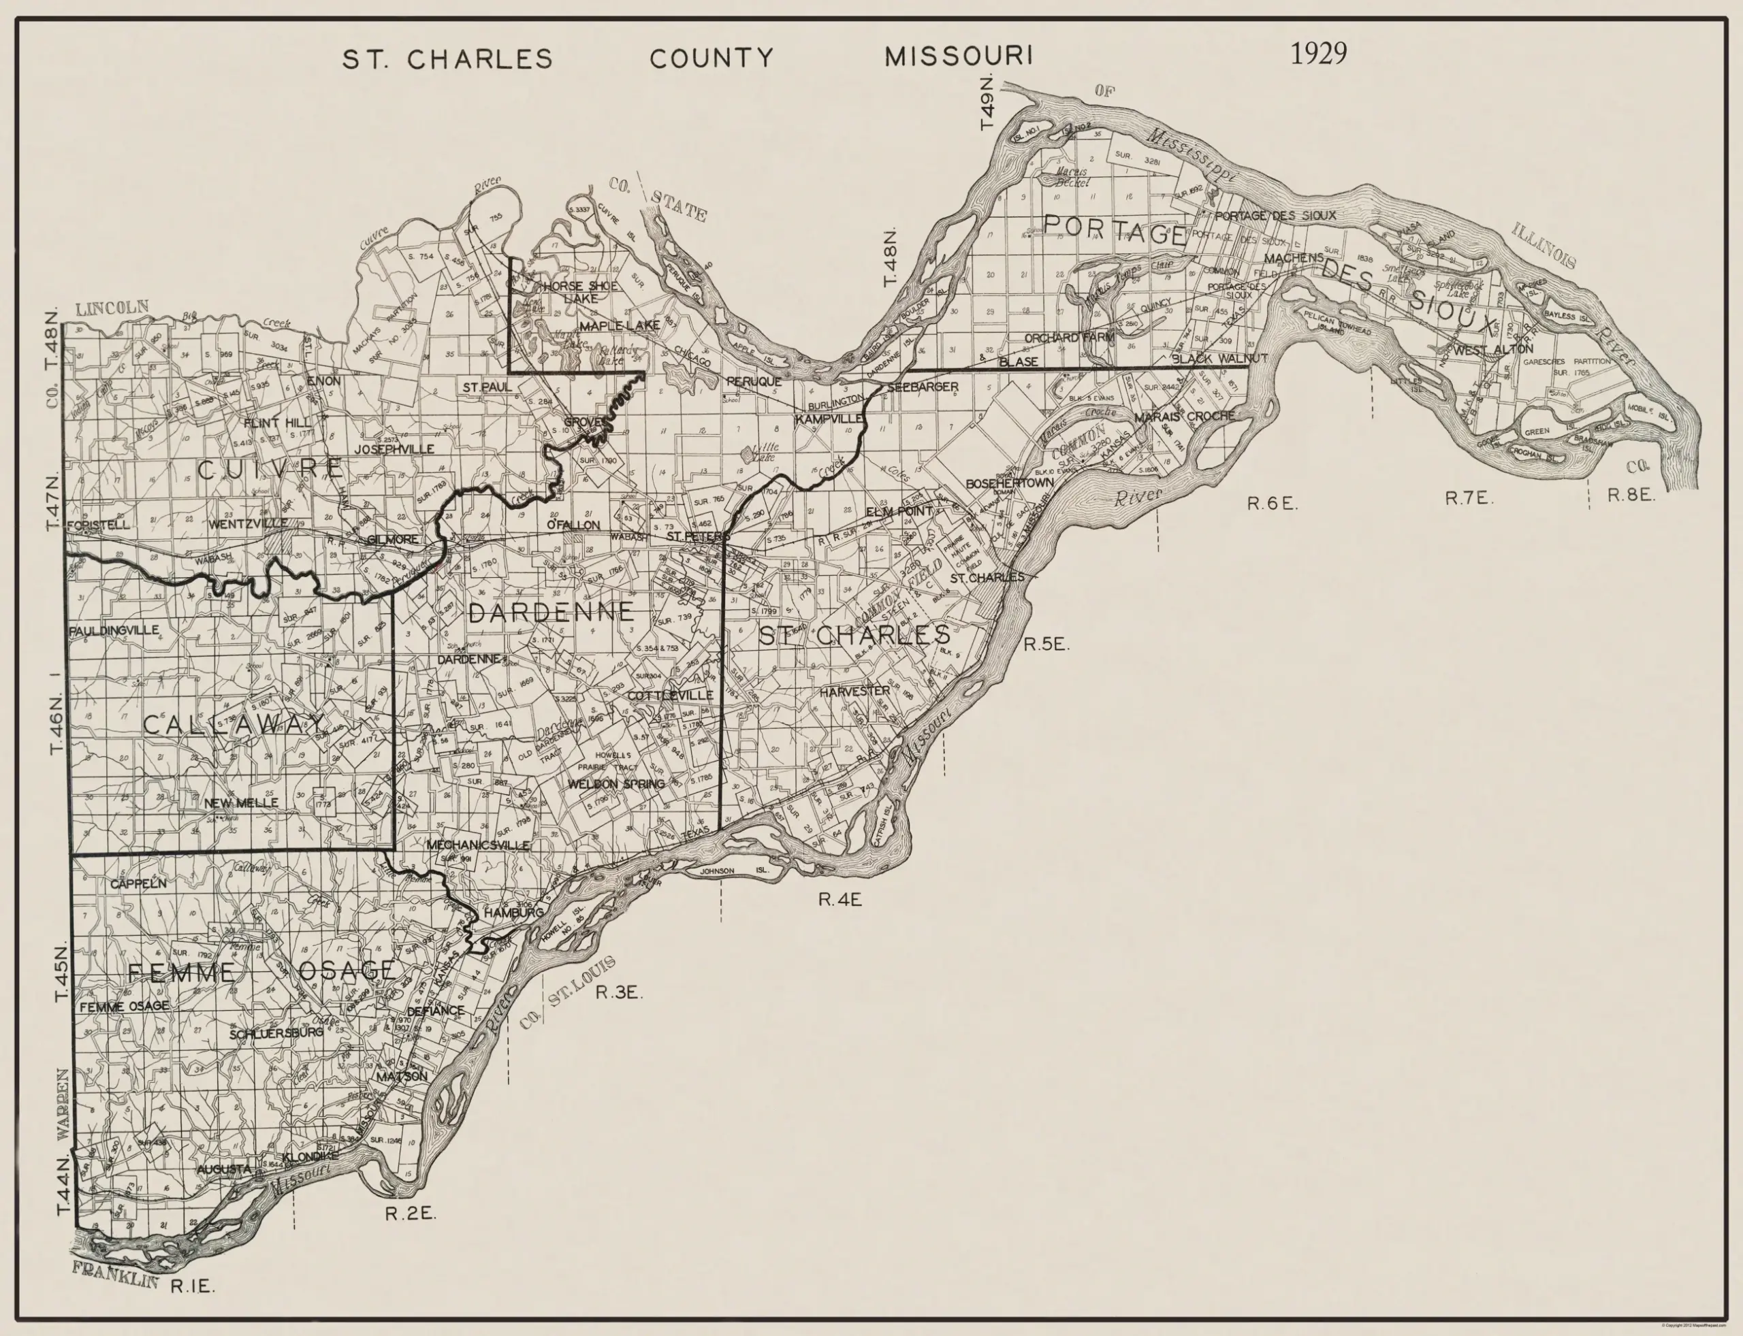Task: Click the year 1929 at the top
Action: click(1318, 53)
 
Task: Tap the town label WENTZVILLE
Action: click(249, 524)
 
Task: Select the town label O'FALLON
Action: click(573, 525)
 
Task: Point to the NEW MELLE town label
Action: click(241, 803)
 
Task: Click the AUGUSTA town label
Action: click(223, 1170)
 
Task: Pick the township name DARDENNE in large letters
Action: click(551, 612)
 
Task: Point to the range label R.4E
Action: click(840, 900)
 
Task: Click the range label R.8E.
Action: click(1631, 495)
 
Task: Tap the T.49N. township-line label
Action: click(987, 103)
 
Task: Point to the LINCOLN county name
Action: click(112, 307)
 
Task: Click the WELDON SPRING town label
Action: click(615, 784)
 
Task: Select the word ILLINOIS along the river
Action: click(1544, 246)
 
